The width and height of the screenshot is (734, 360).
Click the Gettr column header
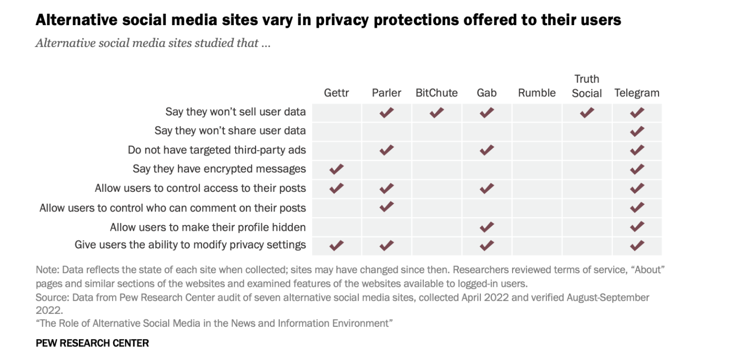[x=336, y=93]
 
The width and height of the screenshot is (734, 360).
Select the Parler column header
[x=386, y=93]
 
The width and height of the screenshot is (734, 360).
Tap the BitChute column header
[x=437, y=93]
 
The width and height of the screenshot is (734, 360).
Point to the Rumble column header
[x=536, y=93]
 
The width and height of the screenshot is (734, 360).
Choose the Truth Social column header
[x=587, y=86]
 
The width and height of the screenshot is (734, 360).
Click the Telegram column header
[x=637, y=93]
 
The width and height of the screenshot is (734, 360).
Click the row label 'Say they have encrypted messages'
[x=219, y=169]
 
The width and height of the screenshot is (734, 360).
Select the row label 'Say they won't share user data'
[x=230, y=131]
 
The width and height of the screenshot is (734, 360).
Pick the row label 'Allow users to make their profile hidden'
[x=208, y=227]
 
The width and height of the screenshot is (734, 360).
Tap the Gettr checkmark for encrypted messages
[x=336, y=169]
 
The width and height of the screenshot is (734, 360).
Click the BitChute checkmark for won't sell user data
[x=437, y=113]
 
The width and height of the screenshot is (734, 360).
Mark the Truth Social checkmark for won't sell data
[x=587, y=113]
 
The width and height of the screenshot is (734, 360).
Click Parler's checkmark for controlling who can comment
[x=386, y=207]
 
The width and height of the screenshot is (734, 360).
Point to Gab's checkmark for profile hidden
[x=486, y=227]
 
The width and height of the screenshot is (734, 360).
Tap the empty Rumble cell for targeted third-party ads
[x=536, y=151]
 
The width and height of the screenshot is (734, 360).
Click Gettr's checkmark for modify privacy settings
[x=336, y=246]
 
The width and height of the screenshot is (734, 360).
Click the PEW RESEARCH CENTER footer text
[x=92, y=343]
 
